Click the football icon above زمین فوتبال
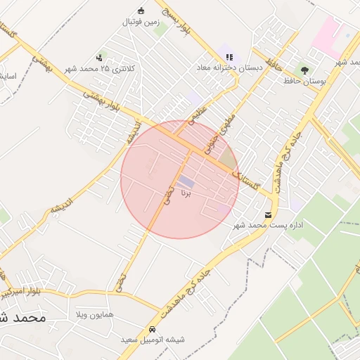(141, 11)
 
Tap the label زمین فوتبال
(141, 22)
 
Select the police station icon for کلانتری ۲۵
(99, 58)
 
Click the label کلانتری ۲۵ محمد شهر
(98, 69)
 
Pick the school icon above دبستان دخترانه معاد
(229, 56)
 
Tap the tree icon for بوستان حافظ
(304, 70)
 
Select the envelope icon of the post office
(268, 214)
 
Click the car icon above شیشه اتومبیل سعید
(152, 329)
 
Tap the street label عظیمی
(198, 116)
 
